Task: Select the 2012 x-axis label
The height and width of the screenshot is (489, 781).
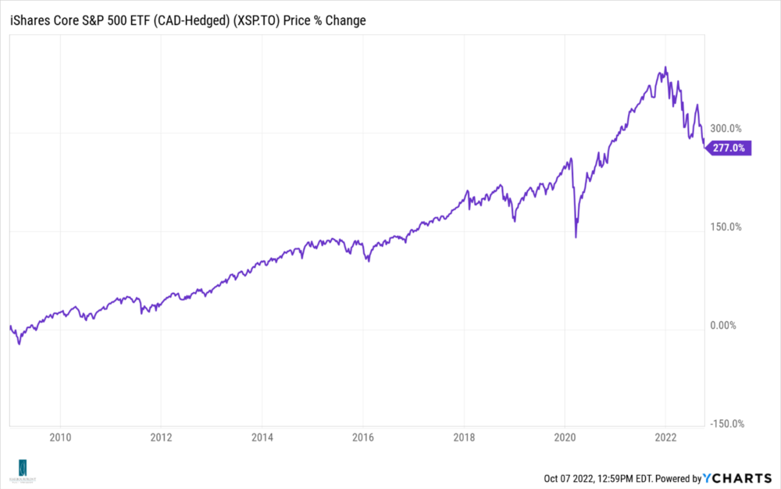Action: [x=161, y=438]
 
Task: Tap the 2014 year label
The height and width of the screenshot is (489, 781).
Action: [x=262, y=438]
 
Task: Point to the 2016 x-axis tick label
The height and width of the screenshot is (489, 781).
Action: [x=363, y=438]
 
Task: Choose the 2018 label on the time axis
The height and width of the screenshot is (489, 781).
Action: [x=464, y=438]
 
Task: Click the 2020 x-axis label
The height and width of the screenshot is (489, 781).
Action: [x=565, y=438]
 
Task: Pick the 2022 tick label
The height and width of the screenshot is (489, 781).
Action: [x=665, y=438]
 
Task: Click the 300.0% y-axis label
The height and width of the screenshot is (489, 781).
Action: [x=726, y=128]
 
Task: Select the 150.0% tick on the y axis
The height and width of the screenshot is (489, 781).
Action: [x=726, y=227]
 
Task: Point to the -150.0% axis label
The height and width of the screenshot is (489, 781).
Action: [x=724, y=423]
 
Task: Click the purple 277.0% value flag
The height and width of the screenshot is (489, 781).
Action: [x=729, y=147]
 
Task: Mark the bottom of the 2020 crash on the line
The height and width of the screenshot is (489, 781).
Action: [x=576, y=237]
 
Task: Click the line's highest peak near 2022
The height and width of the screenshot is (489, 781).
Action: [x=665, y=67]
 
